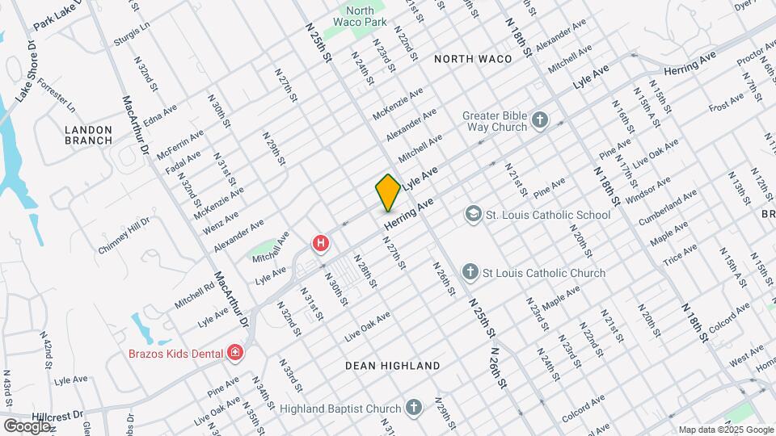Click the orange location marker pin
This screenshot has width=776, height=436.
coord(388,192)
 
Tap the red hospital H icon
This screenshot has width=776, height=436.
coord(321,242)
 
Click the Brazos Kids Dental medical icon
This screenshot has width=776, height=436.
coord(235,352)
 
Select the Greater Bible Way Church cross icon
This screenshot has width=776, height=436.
coord(540,121)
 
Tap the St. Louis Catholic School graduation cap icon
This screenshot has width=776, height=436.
coord(472,215)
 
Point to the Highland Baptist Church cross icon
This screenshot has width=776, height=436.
coord(414,409)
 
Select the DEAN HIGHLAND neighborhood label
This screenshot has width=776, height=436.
coord(392,366)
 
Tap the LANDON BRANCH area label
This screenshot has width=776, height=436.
coord(88,134)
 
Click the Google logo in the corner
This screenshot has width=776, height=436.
coord(26,426)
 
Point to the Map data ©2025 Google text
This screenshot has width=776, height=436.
coord(724,430)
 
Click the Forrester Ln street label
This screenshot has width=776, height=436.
coord(57,96)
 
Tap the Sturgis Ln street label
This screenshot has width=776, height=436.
coord(133,33)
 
